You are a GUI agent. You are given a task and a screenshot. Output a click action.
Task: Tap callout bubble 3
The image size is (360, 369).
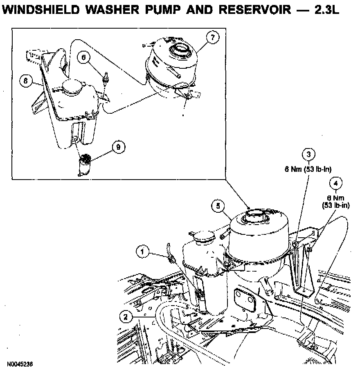coord(309,154)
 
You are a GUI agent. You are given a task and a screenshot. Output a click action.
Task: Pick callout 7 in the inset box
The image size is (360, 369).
coord(212,37)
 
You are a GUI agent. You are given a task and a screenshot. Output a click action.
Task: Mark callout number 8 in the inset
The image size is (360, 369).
coord(25,81)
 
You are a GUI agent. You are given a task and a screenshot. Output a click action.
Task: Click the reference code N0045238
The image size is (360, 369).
coord(20,363)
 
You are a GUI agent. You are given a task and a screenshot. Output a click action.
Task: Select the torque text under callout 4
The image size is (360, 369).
coord(336,202)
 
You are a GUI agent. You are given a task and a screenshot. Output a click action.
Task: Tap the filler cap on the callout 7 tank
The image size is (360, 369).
coord(179,50)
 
